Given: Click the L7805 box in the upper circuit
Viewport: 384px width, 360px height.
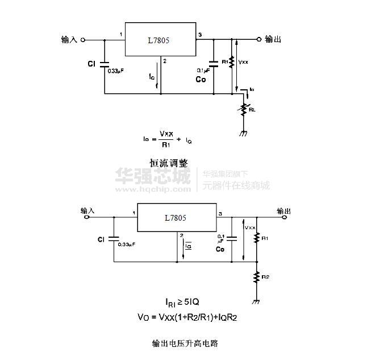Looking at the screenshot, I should [160, 40].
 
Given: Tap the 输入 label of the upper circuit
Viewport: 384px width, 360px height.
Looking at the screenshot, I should [69, 40].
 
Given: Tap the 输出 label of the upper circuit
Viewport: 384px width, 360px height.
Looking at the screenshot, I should [273, 39].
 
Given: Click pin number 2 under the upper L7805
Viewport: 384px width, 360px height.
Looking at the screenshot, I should [164, 61].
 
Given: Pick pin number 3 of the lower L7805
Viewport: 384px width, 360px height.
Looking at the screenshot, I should [220, 214].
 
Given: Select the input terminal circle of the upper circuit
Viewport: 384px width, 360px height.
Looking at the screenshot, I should [84, 40].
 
